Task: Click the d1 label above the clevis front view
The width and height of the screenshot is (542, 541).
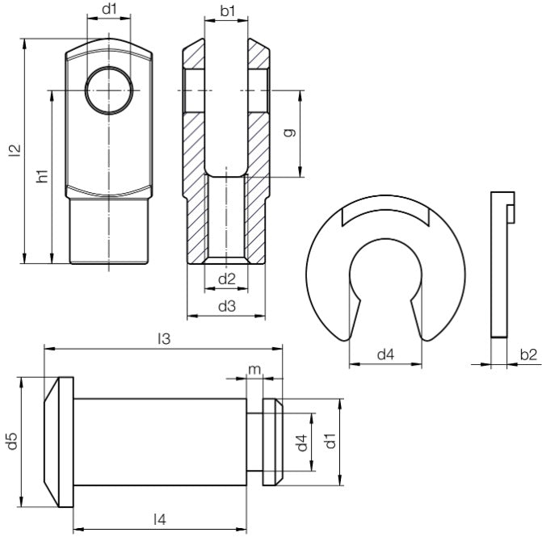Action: (x=109, y=10)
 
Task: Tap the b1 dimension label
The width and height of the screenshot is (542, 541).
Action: (x=228, y=10)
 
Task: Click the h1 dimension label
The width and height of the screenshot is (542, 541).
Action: (x=43, y=175)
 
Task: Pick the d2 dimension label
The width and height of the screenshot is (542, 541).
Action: (x=227, y=279)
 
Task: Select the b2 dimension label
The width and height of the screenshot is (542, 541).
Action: (x=528, y=354)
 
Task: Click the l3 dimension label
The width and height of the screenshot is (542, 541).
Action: (x=164, y=339)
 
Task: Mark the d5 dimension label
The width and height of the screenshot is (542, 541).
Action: (x=12, y=442)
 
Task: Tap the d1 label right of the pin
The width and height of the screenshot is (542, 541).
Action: (x=329, y=442)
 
